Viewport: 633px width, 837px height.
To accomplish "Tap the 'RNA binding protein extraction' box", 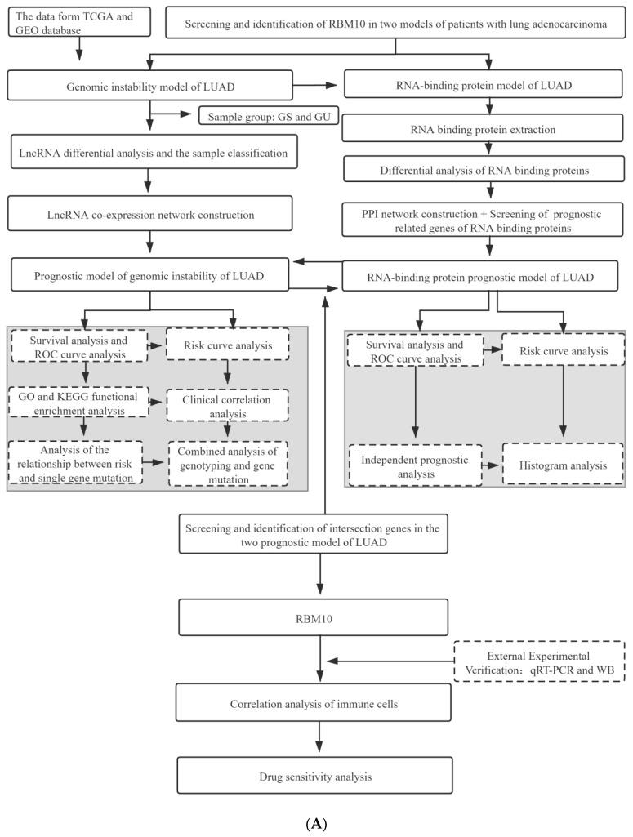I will (x=488, y=128).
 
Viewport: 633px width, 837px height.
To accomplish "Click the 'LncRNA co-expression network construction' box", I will (x=149, y=215).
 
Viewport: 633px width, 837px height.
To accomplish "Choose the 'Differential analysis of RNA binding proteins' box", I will (x=488, y=169).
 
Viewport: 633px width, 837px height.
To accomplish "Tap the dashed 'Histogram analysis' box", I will (x=564, y=465).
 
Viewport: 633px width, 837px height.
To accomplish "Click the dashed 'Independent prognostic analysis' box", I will (x=414, y=465).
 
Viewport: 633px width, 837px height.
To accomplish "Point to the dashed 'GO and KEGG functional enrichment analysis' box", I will (x=79, y=403).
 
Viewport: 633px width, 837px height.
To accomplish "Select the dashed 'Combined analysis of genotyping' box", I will (x=229, y=465).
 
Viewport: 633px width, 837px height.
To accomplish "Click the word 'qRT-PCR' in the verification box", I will (x=546, y=669).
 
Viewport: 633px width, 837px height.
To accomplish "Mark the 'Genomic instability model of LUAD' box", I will (x=149, y=86).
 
